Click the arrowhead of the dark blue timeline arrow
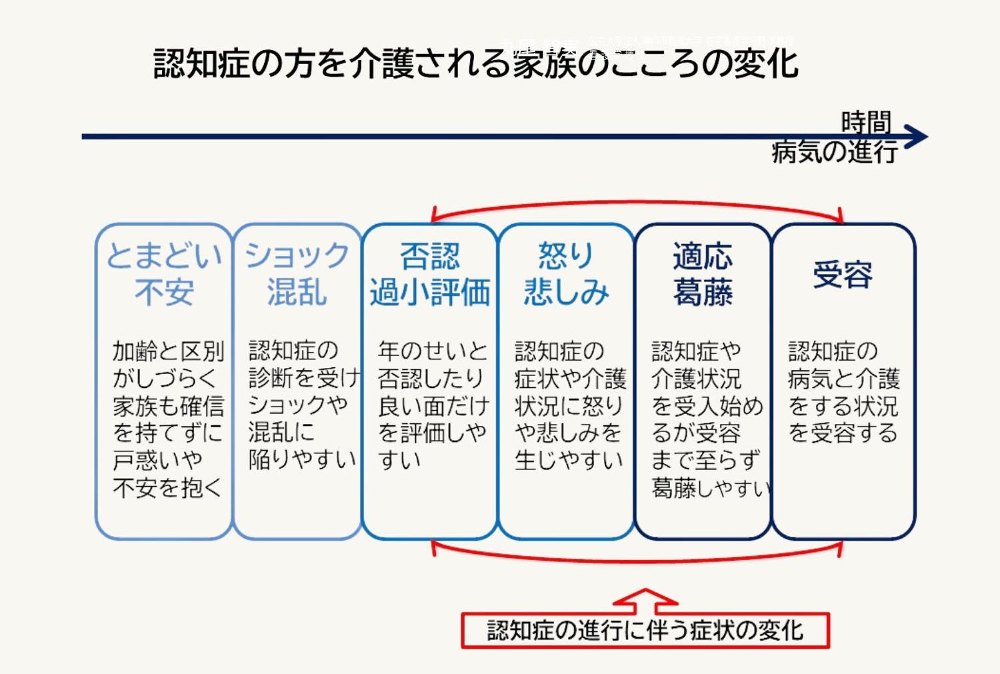click(918, 137)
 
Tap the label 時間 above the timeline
click(865, 122)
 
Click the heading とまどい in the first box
click(164, 255)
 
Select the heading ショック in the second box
click(297, 255)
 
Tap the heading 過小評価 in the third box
click(430, 292)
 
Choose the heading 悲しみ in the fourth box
click(566, 292)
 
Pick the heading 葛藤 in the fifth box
click(703, 292)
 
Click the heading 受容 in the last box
click(843, 274)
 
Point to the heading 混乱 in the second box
click(297, 292)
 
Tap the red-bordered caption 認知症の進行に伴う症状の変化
click(645, 630)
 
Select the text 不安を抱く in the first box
click(167, 487)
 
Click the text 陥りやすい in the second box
click(302, 459)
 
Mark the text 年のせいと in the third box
click(433, 351)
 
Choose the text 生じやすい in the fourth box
click(569, 459)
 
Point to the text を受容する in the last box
click(843, 433)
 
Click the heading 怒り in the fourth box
click(566, 255)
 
